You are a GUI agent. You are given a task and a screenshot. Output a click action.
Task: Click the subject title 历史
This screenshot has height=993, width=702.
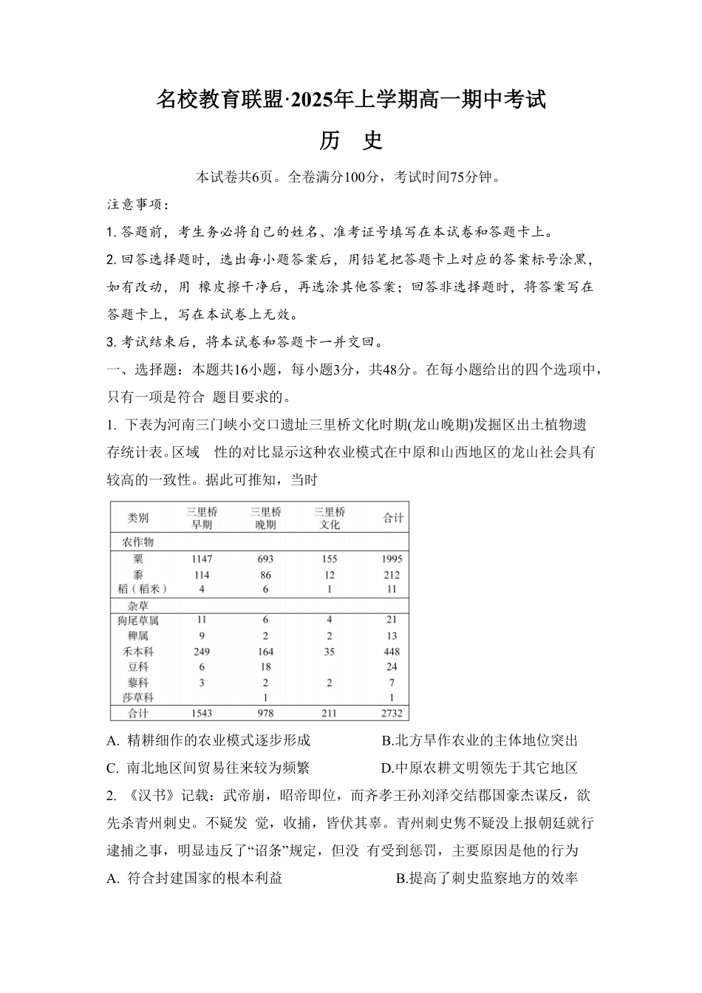coord(351,140)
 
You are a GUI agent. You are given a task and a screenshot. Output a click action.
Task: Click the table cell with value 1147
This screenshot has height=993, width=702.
coord(201,559)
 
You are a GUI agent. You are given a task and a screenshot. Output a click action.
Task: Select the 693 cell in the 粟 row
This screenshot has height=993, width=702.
coord(265,559)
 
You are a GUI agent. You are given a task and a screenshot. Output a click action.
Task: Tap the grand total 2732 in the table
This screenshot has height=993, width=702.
coord(392,713)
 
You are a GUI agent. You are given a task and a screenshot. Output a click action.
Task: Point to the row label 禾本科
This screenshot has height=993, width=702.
coord(138,652)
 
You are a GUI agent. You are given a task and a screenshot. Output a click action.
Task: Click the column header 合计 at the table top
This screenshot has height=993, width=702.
coord(393,518)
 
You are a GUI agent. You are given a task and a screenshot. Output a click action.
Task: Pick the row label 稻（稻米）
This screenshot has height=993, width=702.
coord(138,589)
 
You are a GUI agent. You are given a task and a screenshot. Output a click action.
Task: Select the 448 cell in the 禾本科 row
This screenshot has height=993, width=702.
coord(392,652)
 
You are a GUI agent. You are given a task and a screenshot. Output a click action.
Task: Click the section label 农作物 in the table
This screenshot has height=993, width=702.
coord(138,542)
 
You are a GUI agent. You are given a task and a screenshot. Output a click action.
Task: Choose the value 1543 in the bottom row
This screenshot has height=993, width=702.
coord(201,713)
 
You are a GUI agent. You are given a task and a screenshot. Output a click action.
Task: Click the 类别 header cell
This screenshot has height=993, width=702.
coord(138,518)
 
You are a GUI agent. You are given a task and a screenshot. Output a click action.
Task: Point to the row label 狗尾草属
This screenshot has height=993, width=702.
coord(138,620)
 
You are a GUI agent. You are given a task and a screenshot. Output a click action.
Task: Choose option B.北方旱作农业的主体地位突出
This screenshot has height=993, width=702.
coord(479,740)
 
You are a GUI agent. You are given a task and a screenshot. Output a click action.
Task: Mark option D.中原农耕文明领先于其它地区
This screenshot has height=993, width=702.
coord(479,768)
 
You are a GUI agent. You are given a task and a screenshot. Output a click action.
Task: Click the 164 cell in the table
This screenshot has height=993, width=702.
coord(265,652)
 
